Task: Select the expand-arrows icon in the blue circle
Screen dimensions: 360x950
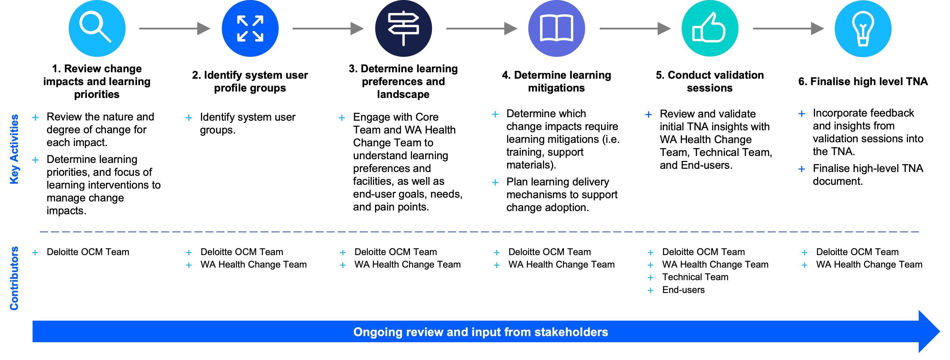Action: pyautogui.click(x=250, y=28)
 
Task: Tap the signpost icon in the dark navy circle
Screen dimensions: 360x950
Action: pyautogui.click(x=404, y=28)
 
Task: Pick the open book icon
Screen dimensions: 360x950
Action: pyautogui.click(x=557, y=28)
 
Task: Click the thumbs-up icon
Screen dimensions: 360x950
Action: pyautogui.click(x=709, y=28)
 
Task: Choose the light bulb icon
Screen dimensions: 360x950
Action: pyautogui.click(x=863, y=28)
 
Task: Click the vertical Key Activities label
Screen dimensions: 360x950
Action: pyautogui.click(x=14, y=149)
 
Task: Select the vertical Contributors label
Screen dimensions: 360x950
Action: pyautogui.click(x=14, y=278)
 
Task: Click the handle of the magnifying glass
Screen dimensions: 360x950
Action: pyautogui.click(x=105, y=36)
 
